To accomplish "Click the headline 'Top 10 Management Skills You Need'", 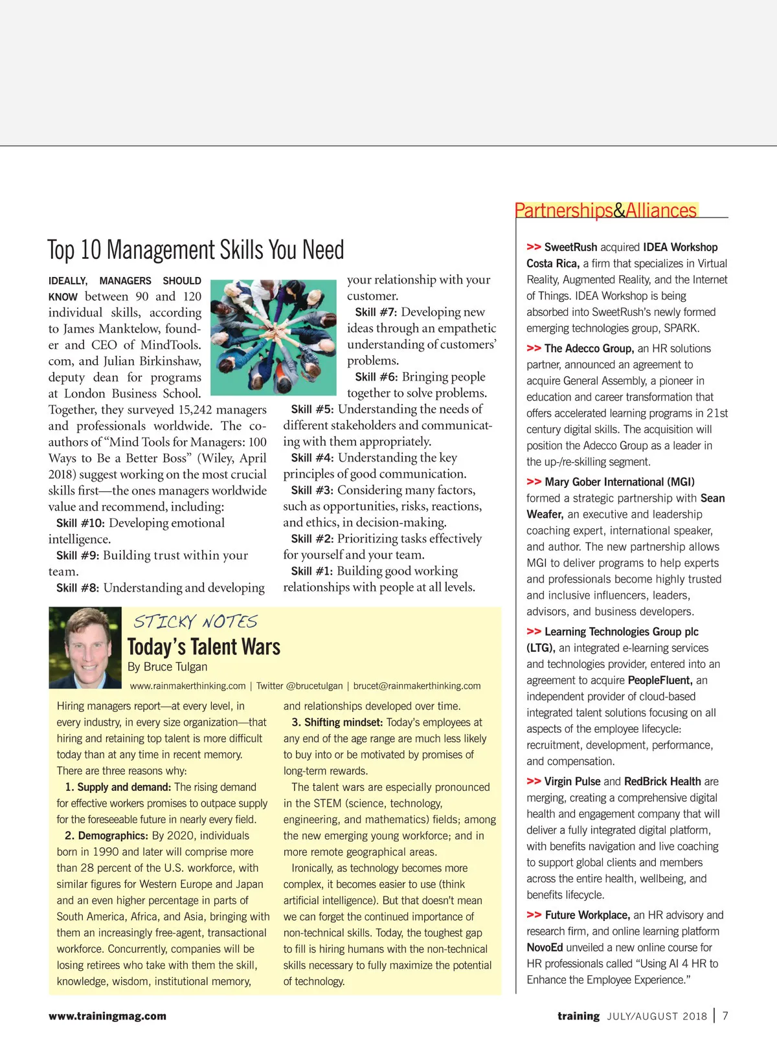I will (x=196, y=250).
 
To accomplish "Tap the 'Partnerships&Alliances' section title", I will (x=605, y=210).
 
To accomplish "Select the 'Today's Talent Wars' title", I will (x=204, y=647).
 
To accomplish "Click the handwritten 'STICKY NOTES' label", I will (x=195, y=622).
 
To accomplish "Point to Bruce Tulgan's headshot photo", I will (x=85, y=647).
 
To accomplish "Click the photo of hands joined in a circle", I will (x=273, y=337).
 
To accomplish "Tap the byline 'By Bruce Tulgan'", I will (x=167, y=667).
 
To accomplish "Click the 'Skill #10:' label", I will (x=80, y=523).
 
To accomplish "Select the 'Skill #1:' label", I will (x=311, y=571).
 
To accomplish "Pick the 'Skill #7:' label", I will (x=376, y=312).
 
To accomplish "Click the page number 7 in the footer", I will (x=725, y=1016).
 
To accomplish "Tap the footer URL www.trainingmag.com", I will (x=107, y=1016).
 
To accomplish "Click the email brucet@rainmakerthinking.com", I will (x=417, y=686).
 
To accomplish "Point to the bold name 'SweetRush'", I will (x=570, y=247).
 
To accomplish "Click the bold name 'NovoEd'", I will (x=545, y=948).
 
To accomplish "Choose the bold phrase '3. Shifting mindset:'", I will (x=337, y=722).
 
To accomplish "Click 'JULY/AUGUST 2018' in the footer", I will (x=657, y=1016).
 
